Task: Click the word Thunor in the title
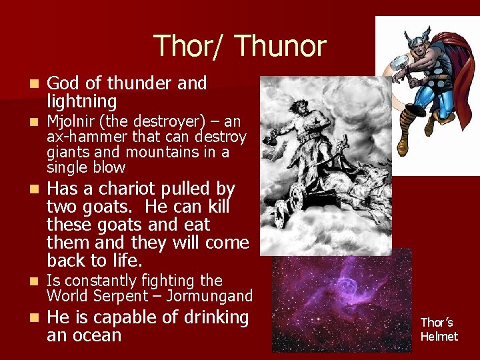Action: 280,46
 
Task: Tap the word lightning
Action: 81,102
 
